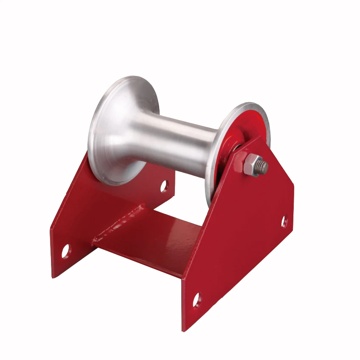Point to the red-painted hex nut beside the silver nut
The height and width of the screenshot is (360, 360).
239,160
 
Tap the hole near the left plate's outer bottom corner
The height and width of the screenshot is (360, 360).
65,251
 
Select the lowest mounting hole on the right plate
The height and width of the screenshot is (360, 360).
197,300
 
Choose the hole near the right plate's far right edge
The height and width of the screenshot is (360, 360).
284,221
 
